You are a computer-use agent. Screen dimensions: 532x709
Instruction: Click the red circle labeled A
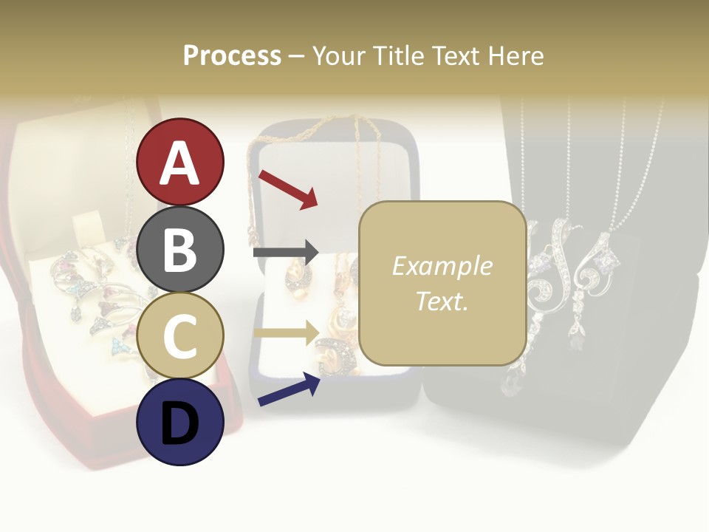180,162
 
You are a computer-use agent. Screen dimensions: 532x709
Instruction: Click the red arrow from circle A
287,188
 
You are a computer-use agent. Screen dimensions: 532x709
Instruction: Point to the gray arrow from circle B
286,253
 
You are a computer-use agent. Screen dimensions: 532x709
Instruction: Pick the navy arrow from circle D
289,389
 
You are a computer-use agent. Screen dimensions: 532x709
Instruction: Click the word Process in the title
232,55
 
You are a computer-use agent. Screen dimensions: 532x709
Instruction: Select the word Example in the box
442,266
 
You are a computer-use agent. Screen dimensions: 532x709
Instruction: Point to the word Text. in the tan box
442,301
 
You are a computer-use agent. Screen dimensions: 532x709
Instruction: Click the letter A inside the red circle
180,163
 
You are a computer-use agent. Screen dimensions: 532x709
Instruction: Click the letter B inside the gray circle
180,250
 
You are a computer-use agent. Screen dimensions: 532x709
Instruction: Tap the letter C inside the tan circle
180,336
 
